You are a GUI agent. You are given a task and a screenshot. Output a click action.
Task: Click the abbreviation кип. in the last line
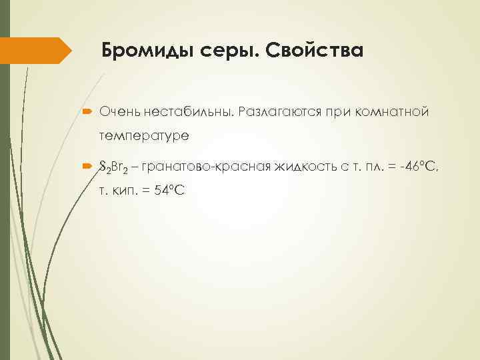click(x=125, y=190)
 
